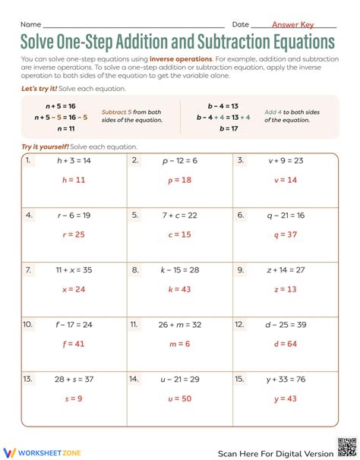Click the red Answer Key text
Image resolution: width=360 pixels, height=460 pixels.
[292, 24]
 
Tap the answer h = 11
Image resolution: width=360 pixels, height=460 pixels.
[74, 181]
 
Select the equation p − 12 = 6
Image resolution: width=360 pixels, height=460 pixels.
[180, 161]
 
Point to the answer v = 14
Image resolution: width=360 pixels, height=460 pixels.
[286, 181]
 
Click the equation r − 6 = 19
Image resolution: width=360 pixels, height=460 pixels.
[74, 216]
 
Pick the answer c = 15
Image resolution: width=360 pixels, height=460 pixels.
[180, 235]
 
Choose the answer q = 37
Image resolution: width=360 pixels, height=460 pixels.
[286, 235]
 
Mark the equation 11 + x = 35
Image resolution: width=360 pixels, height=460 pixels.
[74, 269]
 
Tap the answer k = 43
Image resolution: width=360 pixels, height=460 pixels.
[180, 289]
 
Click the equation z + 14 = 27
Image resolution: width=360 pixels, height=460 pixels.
[286, 269]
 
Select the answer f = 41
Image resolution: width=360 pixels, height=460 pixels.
[74, 343]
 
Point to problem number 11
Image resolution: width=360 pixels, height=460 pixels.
[134, 324]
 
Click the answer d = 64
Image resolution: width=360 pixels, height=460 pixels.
[286, 343]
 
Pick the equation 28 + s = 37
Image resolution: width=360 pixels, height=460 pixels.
[74, 379]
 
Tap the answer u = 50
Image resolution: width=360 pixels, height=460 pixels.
[180, 398]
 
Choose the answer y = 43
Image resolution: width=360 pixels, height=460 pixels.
[286, 398]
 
